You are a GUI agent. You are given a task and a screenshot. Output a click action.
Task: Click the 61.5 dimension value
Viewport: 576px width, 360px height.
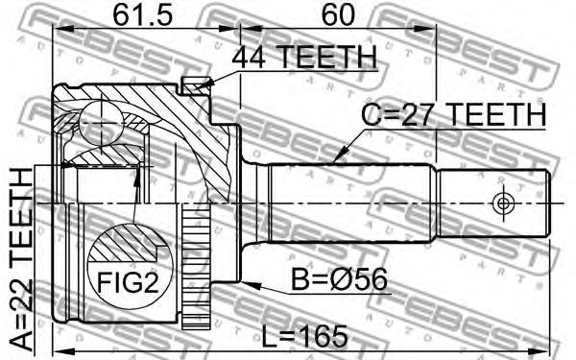(x=142, y=15)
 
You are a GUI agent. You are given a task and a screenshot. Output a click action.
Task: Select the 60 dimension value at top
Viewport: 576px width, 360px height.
(x=338, y=15)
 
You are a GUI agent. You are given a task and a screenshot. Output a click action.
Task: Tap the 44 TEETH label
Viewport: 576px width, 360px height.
(x=304, y=57)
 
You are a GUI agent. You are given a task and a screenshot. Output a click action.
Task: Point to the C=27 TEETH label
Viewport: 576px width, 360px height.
(x=454, y=114)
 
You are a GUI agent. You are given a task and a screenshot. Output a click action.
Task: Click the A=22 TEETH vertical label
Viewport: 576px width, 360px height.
(x=21, y=259)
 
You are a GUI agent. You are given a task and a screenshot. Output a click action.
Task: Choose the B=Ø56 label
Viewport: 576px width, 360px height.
(x=339, y=279)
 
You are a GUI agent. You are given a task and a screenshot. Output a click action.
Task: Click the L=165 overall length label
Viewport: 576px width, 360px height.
(x=305, y=336)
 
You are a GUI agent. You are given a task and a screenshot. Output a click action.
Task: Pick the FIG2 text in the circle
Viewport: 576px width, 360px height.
(x=128, y=282)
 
